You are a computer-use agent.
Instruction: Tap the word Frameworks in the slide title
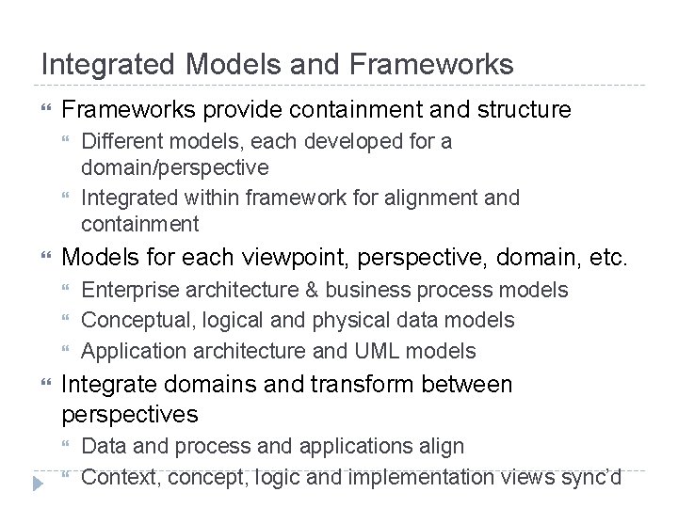click(x=432, y=65)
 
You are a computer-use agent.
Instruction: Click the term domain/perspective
click(x=175, y=168)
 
